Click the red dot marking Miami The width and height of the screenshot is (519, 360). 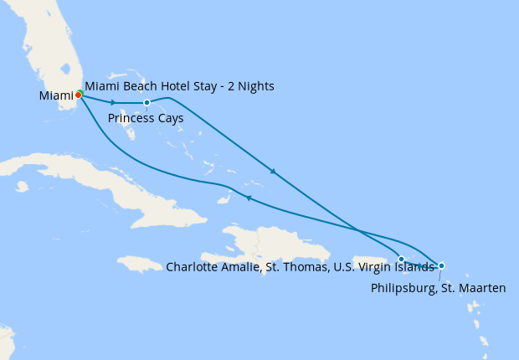pyautogui.click(x=78, y=95)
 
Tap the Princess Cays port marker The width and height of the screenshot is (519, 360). pyautogui.click(x=146, y=103)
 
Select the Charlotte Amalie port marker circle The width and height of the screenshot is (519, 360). pyautogui.click(x=402, y=260)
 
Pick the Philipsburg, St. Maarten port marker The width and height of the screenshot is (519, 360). pyautogui.click(x=441, y=266)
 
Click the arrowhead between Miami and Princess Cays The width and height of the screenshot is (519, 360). pyautogui.click(x=113, y=102)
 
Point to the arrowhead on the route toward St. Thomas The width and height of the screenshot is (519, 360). pyautogui.click(x=272, y=172)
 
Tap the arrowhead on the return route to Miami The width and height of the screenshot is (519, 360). pyautogui.click(x=248, y=198)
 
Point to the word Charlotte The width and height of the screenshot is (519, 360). pyautogui.click(x=192, y=267)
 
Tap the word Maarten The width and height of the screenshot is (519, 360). pyautogui.click(x=484, y=288)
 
